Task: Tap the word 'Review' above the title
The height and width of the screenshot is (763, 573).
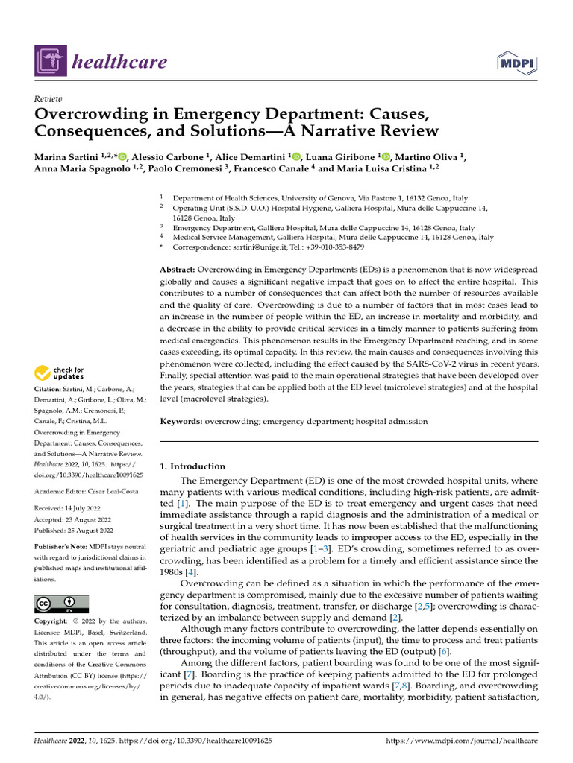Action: (48, 99)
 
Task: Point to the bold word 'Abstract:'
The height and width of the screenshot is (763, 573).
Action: (178, 269)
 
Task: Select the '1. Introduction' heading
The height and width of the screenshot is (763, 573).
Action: (193, 466)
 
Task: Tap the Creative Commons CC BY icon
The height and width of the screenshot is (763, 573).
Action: (61, 604)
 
